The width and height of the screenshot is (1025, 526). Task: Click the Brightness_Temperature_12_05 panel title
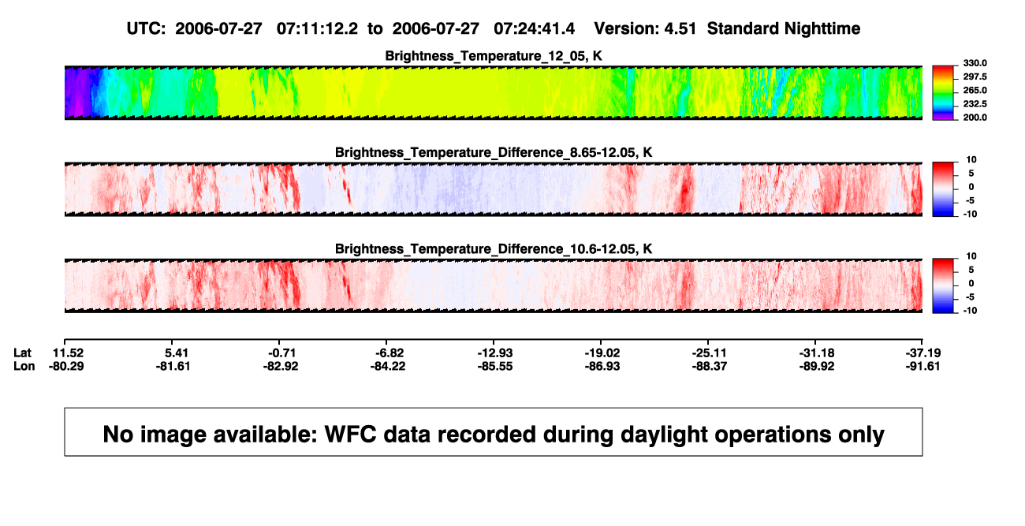coord(494,56)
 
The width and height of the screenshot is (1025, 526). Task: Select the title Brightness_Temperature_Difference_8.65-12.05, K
coord(494,152)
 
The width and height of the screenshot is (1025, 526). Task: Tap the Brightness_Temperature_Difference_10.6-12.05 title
coord(494,249)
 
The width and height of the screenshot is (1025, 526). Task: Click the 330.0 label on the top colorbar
coord(975,63)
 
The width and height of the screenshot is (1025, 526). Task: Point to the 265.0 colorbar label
coord(975,90)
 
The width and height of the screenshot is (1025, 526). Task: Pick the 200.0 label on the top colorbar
coord(975,118)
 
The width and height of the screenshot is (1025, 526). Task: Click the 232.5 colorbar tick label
coord(975,104)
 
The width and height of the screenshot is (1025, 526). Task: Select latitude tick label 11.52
coord(68,353)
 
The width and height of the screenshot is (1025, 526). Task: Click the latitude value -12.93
coord(495,353)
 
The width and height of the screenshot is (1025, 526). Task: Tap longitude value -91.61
coord(922,366)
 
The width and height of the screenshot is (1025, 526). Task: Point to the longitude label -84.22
coord(388,366)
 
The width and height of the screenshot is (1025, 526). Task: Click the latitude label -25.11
coord(710,353)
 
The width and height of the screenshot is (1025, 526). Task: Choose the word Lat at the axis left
coord(22,353)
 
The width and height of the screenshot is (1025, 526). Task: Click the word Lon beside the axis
coord(24,366)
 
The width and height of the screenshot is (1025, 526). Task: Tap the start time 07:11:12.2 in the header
coord(317,29)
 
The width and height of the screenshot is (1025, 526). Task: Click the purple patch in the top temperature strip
coord(78,93)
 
